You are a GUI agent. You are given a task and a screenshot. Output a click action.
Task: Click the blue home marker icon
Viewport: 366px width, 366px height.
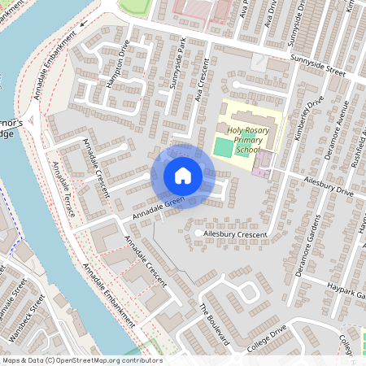(183, 175)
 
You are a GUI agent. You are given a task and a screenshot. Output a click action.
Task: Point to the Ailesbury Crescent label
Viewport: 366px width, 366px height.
(236, 234)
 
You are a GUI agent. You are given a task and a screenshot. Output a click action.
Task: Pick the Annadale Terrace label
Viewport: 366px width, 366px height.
(63, 189)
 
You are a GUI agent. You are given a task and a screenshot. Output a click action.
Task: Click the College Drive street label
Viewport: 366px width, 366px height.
(268, 338)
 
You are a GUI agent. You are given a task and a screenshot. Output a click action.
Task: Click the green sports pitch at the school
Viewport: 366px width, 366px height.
(222, 148)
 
